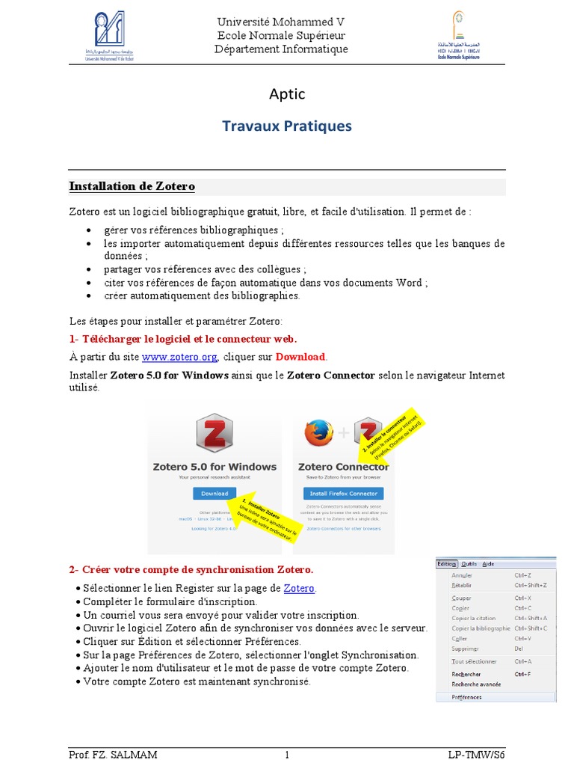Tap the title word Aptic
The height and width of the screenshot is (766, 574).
tap(287, 94)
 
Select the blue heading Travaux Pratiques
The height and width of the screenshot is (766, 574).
tap(287, 126)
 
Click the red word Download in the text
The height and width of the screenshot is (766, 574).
tap(300, 356)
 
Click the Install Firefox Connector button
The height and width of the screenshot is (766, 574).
tap(343, 494)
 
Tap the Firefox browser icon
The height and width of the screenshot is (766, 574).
tap(318, 433)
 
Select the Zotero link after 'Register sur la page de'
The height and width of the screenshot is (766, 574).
tap(299, 588)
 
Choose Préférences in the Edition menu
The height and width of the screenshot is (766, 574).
tap(466, 697)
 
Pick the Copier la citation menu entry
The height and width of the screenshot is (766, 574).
tap(473, 619)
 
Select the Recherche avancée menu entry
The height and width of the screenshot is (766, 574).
tap(476, 684)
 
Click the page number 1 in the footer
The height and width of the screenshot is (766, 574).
tap(286, 755)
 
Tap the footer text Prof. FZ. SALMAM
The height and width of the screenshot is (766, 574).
tap(113, 755)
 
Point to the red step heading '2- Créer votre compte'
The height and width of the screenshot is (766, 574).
tap(191, 569)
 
